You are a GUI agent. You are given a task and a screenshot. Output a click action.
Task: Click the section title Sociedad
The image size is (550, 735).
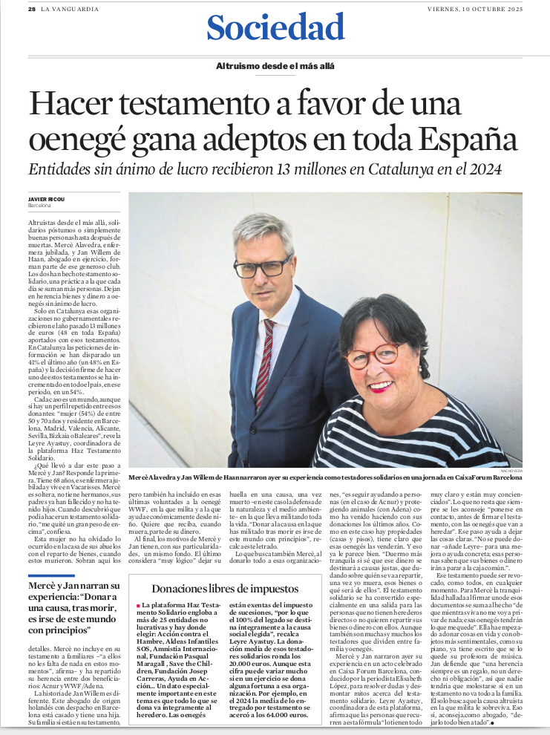tap(275, 28)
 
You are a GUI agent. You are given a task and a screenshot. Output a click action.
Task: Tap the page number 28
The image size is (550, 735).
tap(32, 8)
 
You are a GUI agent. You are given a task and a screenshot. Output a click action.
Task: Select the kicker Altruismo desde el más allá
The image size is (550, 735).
tap(275, 65)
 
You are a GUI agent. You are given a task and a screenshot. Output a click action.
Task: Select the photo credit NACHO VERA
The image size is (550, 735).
tap(510, 471)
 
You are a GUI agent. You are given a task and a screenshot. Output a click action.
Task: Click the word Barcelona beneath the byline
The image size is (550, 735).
tap(39, 205)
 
